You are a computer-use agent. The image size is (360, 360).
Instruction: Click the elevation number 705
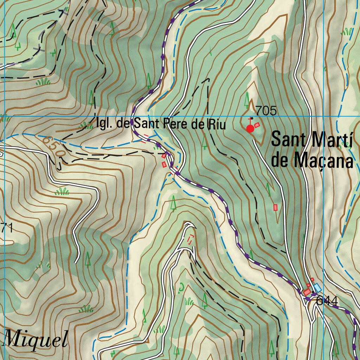tap(266, 111)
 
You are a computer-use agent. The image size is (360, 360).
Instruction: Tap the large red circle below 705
tap(250, 129)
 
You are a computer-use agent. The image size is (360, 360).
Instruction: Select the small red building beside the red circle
tap(257, 125)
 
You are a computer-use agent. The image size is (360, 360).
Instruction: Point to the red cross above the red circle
tap(250, 119)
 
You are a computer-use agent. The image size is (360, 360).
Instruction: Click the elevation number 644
tap(327, 301)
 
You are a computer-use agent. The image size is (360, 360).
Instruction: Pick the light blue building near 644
tap(317, 288)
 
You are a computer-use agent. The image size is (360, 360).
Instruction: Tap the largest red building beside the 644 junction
tap(307, 292)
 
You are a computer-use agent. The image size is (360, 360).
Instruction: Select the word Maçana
tap(323, 161)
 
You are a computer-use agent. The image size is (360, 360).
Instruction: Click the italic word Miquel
tap(35, 340)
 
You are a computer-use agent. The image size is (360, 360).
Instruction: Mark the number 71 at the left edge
tap(6, 228)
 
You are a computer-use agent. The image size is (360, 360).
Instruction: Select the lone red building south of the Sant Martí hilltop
tap(276, 207)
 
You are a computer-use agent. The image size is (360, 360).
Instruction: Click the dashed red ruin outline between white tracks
tap(191, 239)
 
